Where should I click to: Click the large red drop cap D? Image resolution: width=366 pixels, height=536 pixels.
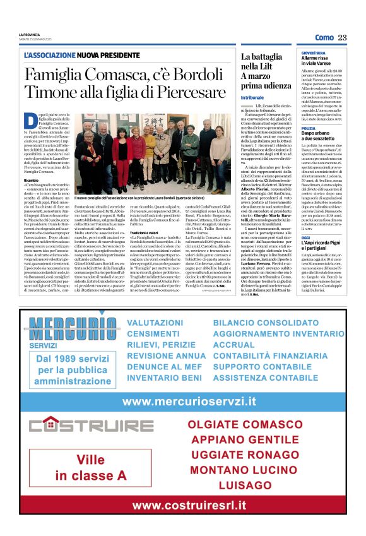29,121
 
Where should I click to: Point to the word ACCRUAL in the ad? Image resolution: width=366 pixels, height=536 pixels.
233,345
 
